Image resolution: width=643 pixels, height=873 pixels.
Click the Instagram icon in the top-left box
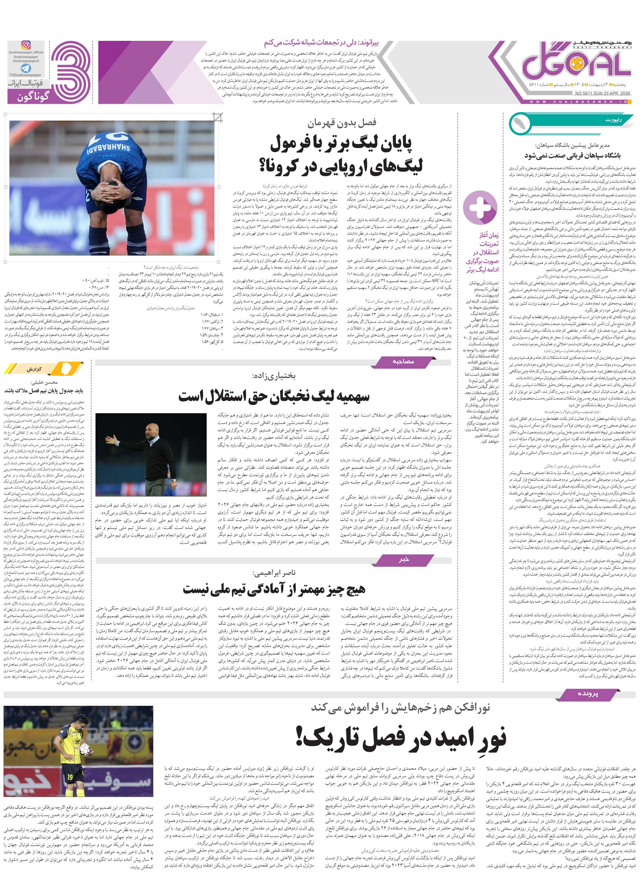(25, 45)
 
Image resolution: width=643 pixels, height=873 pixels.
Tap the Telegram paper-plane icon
(25, 68)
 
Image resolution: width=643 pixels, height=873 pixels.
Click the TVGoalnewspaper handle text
(26, 75)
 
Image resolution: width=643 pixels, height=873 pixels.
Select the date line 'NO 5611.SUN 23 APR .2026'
(602, 93)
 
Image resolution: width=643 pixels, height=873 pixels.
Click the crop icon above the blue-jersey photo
(218, 116)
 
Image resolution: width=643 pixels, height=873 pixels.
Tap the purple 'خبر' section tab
(404, 559)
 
